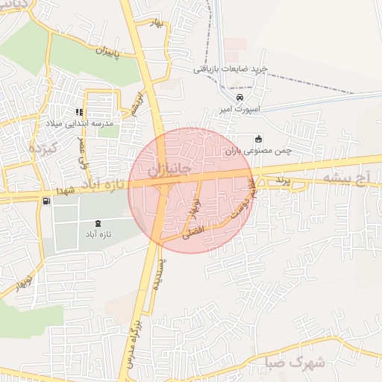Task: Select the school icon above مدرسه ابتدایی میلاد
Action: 79,112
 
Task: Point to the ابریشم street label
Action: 135,105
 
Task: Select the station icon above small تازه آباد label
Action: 98,222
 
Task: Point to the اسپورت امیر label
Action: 238,109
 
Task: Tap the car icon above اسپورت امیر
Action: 239,98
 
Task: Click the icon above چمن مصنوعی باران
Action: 259,139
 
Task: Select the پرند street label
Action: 281,180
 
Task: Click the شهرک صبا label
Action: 295,363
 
